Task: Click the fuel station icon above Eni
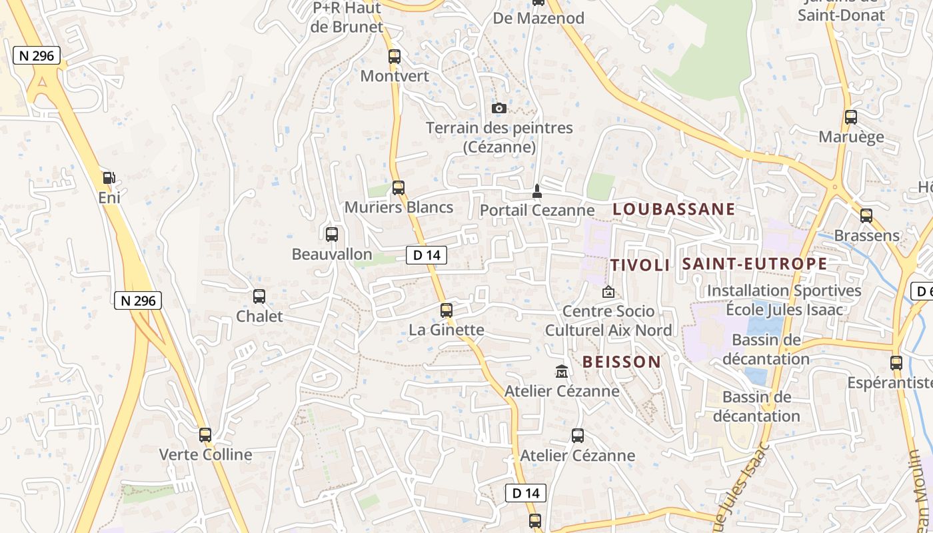click(109, 178)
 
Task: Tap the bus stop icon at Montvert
click(395, 57)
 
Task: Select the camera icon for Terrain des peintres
click(498, 108)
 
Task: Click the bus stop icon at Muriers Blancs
click(399, 188)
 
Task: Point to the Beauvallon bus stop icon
click(332, 235)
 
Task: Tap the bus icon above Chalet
click(259, 296)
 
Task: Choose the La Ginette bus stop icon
click(447, 310)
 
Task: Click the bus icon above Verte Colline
click(205, 435)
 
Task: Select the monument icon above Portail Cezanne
click(537, 191)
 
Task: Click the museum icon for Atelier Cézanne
click(562, 371)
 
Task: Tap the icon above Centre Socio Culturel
click(608, 292)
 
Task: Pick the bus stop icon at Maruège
click(851, 117)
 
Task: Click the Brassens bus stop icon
click(866, 216)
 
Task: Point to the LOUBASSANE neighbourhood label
click(674, 209)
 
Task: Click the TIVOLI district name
click(640, 265)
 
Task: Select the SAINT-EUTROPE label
click(754, 263)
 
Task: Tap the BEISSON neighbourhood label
click(622, 362)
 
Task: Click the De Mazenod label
click(538, 18)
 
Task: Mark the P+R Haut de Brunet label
click(347, 18)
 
